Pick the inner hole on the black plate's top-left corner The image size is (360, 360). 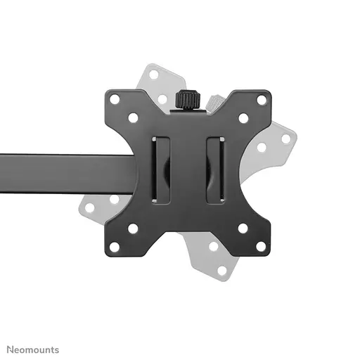tap(133, 118)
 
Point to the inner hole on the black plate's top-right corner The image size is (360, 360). tap(243, 118)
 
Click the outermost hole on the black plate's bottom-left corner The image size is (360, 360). tap(115, 246)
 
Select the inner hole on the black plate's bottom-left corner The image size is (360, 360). tap(133, 229)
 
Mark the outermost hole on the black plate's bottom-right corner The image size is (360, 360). tap(261, 246)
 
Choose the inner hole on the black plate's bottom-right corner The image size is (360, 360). tap(243, 229)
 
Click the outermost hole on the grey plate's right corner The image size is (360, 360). tap(286, 139)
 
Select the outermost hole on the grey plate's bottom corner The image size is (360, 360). tap(223, 271)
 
